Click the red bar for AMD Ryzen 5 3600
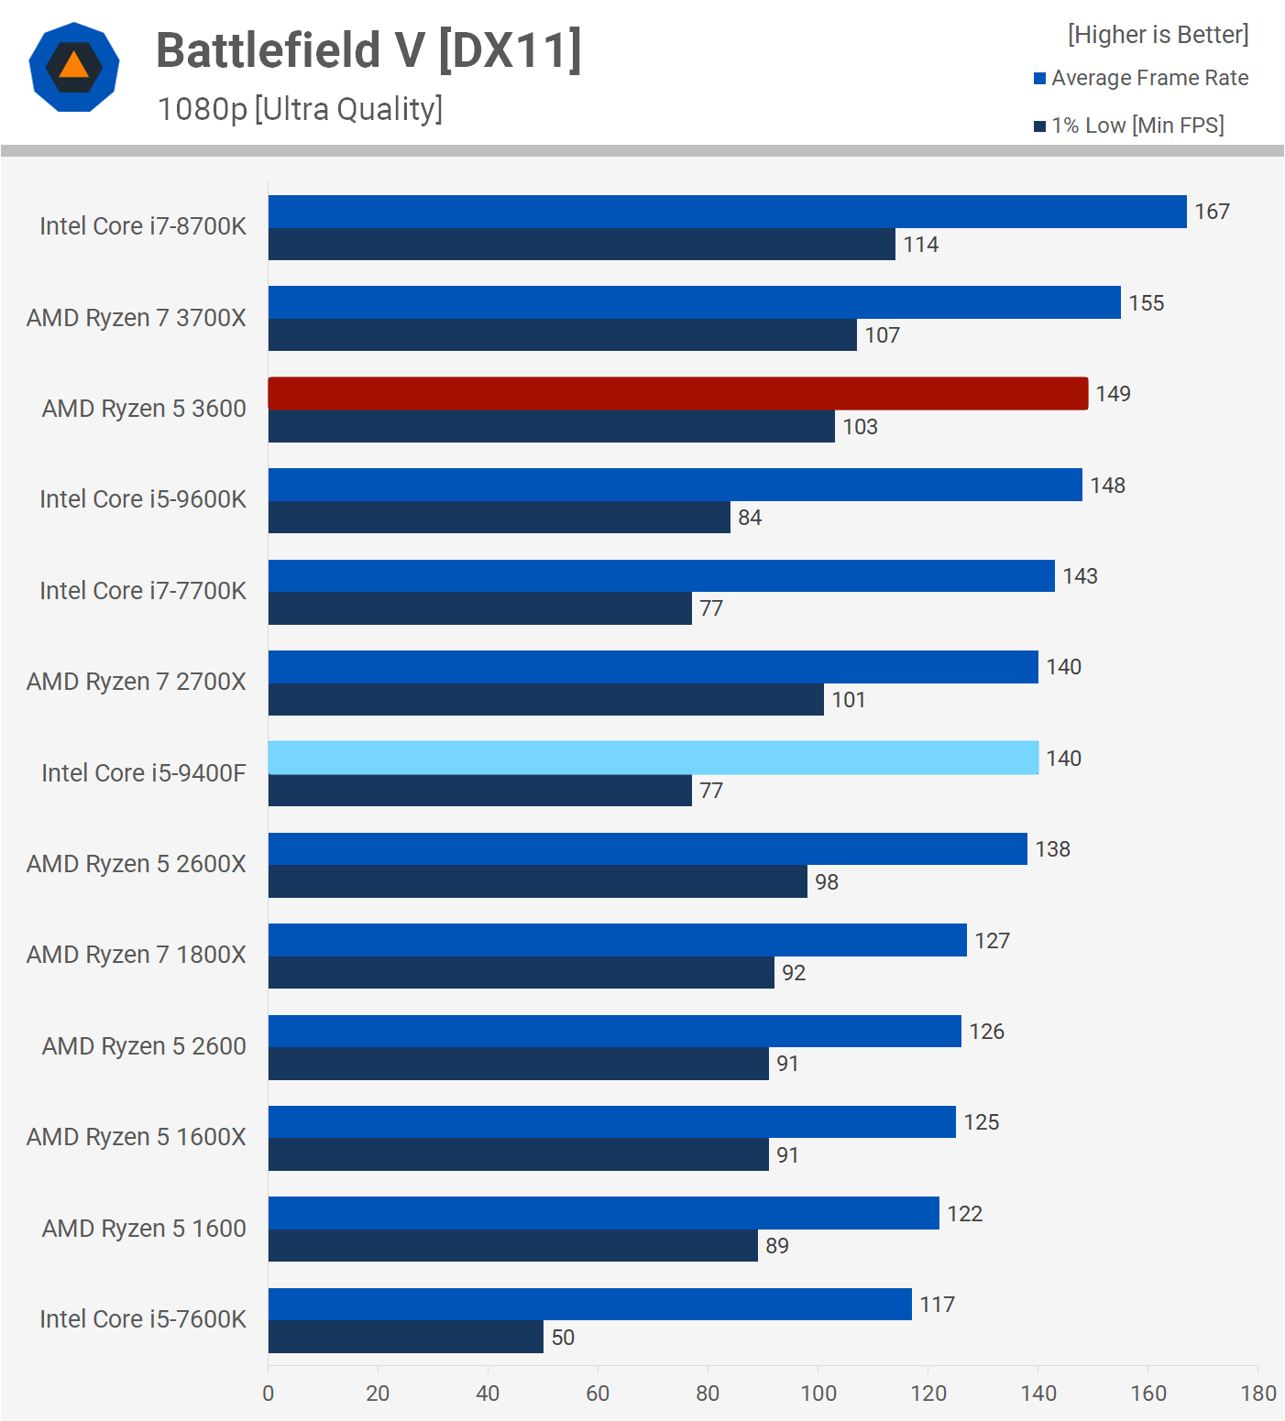point(678,394)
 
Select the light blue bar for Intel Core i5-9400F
point(653,758)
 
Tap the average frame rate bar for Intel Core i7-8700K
point(727,212)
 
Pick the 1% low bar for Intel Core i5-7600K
point(405,1337)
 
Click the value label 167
point(1212,212)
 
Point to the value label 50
point(563,1338)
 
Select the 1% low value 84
point(750,518)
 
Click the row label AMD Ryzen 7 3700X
point(137,318)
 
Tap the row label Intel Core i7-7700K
point(143,591)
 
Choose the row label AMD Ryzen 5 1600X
point(137,1137)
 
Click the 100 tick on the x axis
point(818,1394)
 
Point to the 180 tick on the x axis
point(1258,1394)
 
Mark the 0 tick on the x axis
point(269,1394)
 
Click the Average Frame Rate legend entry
point(1141,78)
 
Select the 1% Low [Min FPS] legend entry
point(1129,126)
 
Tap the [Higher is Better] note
point(1158,35)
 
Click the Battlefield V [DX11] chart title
point(368,50)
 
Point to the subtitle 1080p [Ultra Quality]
point(300,109)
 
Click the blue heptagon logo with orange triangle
point(74,67)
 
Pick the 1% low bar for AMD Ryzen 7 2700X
point(545,700)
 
